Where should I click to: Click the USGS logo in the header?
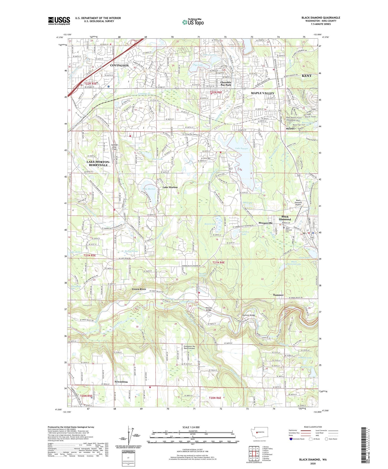click(x=59, y=21)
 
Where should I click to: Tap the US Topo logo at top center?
click(x=193, y=22)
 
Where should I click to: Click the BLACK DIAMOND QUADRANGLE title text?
click(x=320, y=18)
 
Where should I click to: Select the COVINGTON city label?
click(x=119, y=65)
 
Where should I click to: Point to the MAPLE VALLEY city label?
click(x=263, y=93)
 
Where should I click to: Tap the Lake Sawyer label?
click(x=242, y=148)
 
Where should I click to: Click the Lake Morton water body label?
click(x=149, y=189)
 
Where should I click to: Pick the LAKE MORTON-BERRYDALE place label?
click(x=98, y=163)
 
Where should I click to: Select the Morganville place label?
click(x=265, y=223)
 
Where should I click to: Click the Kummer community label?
click(x=278, y=295)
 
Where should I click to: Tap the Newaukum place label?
click(x=121, y=382)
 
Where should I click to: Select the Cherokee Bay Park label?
click(x=226, y=84)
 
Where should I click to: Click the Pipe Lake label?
click(x=198, y=65)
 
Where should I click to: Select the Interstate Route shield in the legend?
click(x=291, y=439)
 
